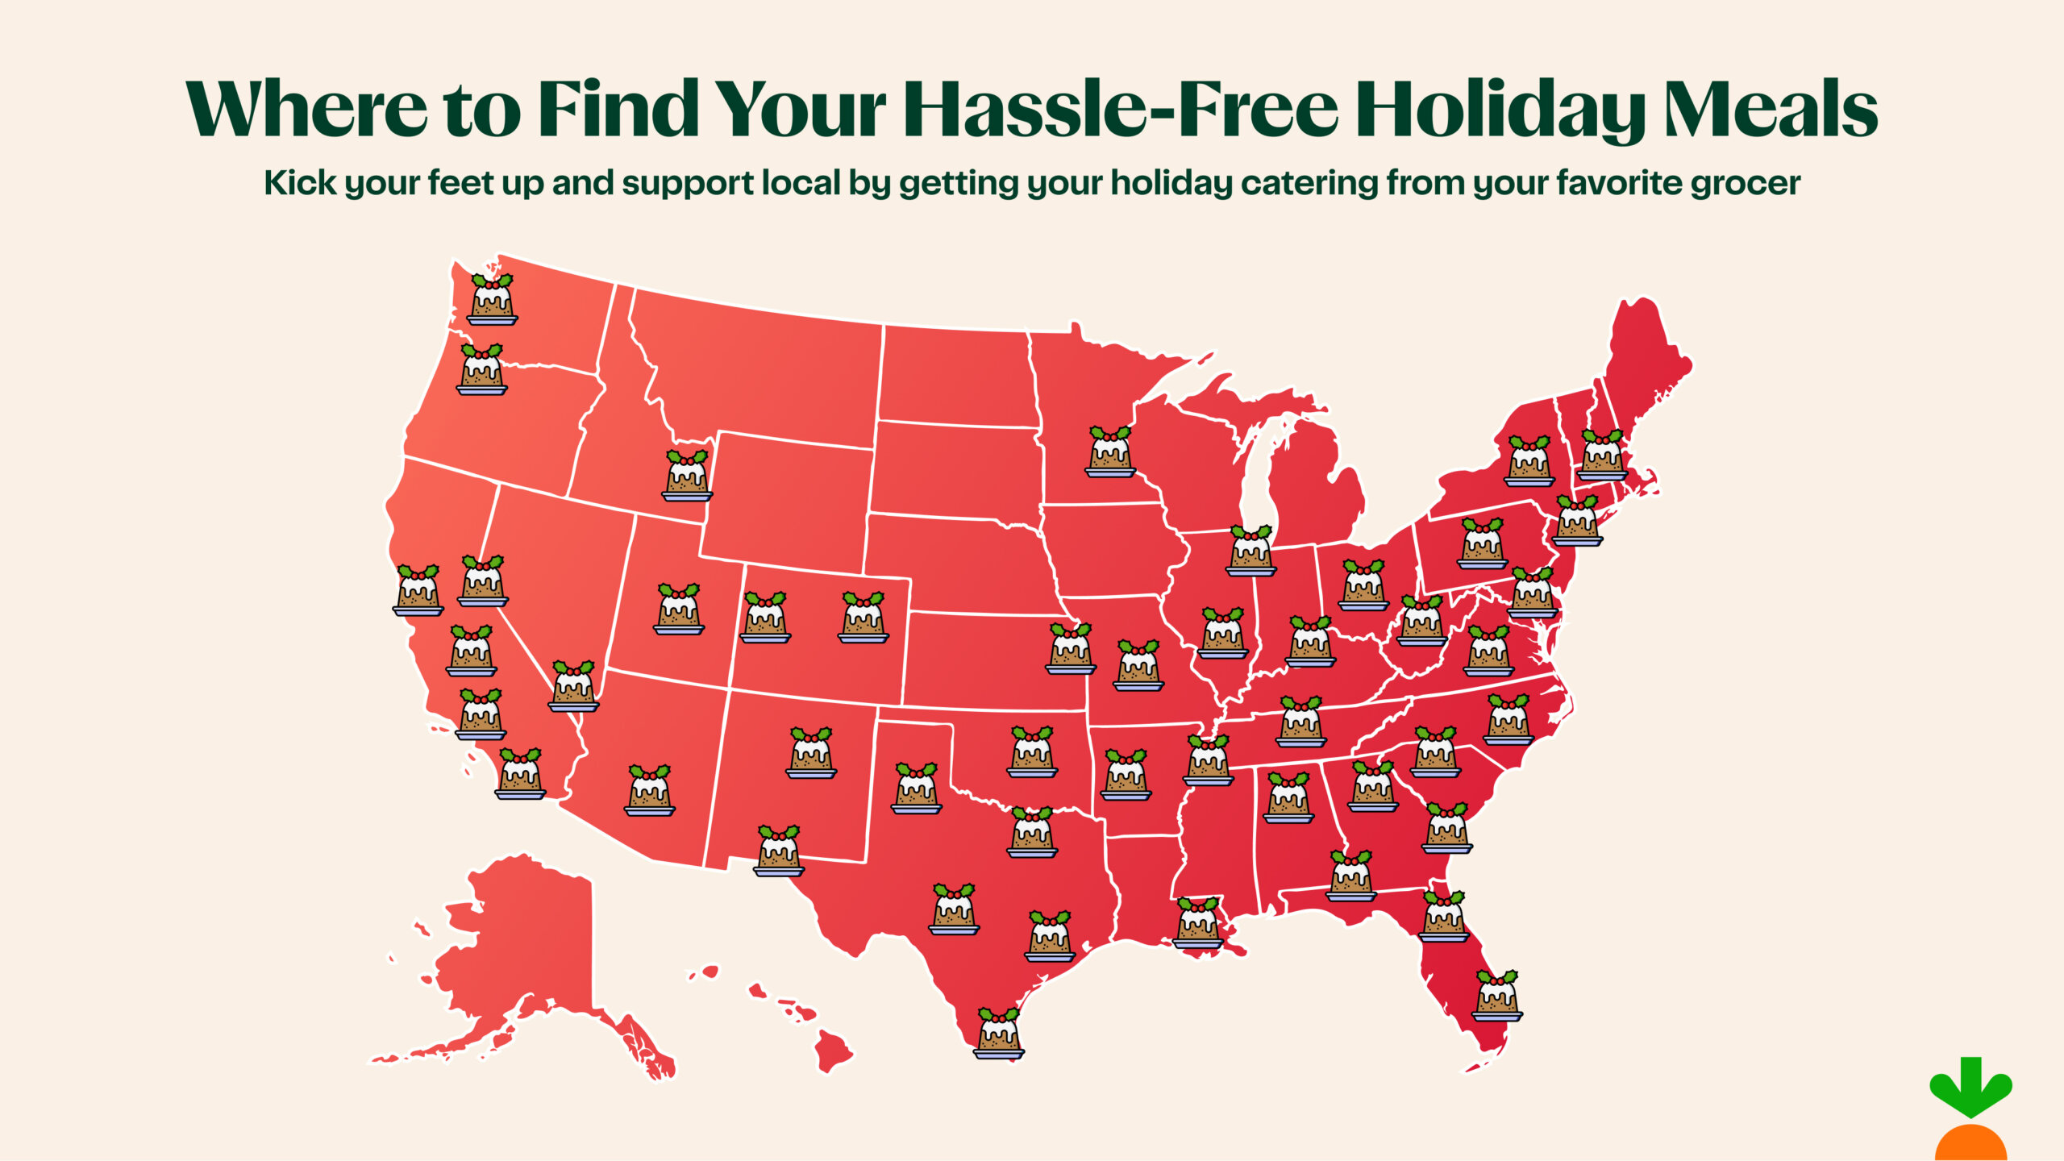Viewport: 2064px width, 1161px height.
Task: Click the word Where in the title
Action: click(x=306, y=109)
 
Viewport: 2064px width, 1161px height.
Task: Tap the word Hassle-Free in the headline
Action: click(x=1121, y=109)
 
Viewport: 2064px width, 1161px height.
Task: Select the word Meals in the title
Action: click(x=1771, y=109)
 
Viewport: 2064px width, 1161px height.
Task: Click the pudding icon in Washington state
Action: click(x=492, y=299)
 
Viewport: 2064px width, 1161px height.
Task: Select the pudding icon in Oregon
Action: click(x=481, y=369)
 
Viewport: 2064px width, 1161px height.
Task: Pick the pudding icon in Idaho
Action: click(x=687, y=476)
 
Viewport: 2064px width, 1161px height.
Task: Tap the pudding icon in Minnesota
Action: click(x=1110, y=451)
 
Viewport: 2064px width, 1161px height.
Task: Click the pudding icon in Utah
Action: click(x=679, y=610)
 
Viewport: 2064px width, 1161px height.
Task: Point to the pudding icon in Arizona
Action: click(x=649, y=790)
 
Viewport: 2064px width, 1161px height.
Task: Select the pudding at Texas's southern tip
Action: click(x=998, y=1033)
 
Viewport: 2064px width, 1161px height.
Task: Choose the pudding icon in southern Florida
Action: click(x=1497, y=996)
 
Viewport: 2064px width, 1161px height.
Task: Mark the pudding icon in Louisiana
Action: click(x=1198, y=923)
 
